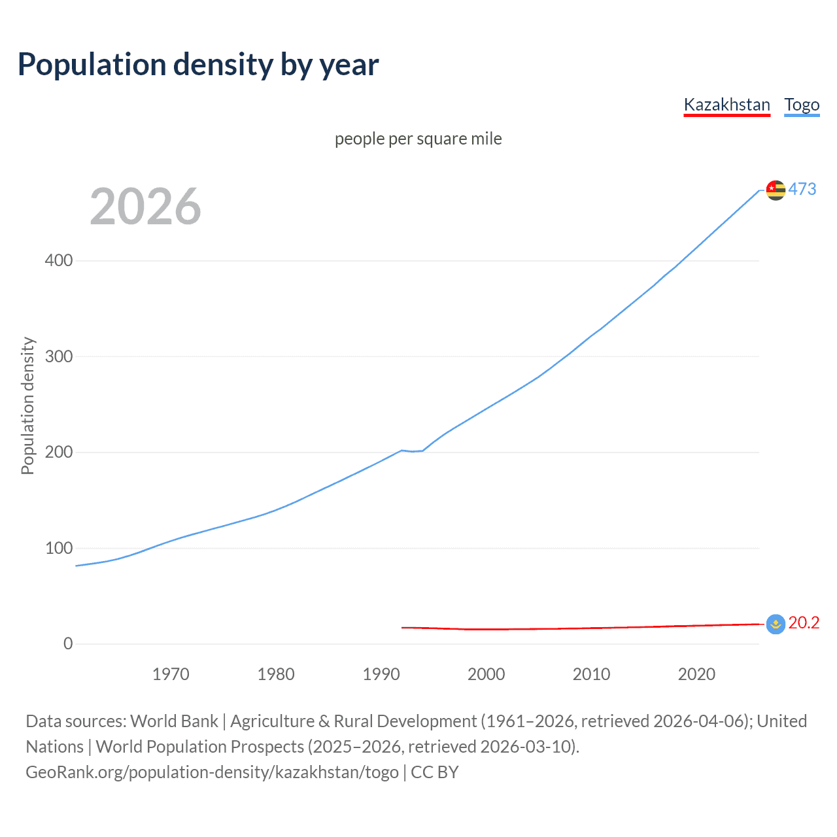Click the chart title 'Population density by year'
pos(198,65)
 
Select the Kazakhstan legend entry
pos(726,105)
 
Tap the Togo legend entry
pos(802,105)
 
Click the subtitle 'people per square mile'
pos(418,139)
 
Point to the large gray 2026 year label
pos(145,207)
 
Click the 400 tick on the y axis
pos(59,261)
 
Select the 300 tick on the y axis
pos(59,356)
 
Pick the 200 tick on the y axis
pos(59,453)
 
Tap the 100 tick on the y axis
pos(59,548)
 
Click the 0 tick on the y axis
pos(68,644)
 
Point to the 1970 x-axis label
pos(171,674)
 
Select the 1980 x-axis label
pos(276,674)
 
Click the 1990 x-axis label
pos(381,674)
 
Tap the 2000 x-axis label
pos(487,674)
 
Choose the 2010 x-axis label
pos(592,674)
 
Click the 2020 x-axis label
pos(697,674)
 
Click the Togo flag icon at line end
pos(776,190)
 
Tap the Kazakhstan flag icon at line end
pos(776,624)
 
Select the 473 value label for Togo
pos(802,190)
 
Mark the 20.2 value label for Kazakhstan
pos(804,623)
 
